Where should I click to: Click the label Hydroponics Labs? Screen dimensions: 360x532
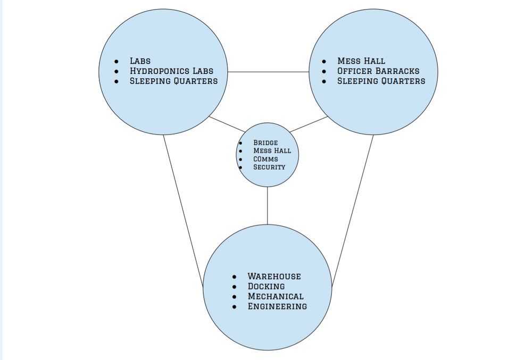171,71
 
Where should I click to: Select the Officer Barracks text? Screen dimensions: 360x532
378,71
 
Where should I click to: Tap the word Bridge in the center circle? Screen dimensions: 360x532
265,143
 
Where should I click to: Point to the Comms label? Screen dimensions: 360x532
265,159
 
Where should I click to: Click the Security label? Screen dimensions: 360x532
269,167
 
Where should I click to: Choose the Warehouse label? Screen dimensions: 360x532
274,277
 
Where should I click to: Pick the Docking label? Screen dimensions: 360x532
266,287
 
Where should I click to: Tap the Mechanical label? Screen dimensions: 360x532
276,296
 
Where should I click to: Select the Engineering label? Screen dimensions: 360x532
277,306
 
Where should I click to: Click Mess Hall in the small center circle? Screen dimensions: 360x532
272,151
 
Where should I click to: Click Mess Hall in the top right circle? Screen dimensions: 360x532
361,61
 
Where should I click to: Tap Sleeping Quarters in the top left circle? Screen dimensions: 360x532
173,81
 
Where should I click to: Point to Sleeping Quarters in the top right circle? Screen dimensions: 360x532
381,81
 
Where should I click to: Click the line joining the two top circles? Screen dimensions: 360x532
269,72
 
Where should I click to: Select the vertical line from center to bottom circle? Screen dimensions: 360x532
267,206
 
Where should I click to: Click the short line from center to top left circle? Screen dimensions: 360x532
227,124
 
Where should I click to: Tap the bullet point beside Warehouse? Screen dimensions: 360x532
235,277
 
